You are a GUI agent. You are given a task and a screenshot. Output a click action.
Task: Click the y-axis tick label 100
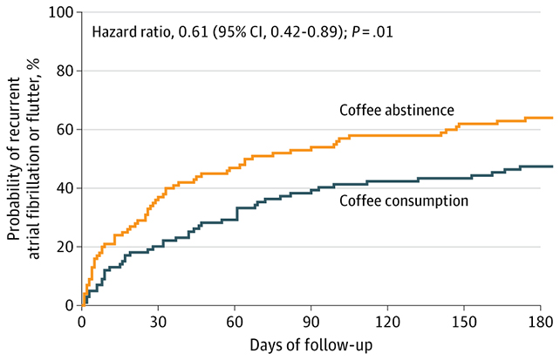click(61, 13)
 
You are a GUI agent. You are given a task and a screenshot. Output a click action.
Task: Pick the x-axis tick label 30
click(158, 320)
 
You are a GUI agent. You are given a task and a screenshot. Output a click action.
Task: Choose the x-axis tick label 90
click(311, 320)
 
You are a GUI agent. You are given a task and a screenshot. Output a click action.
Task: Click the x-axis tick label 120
click(387, 320)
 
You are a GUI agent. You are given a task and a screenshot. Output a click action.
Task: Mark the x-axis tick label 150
click(463, 320)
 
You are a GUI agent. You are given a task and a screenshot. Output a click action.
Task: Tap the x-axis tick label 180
click(540, 320)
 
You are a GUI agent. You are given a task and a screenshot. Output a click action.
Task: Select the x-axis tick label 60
click(235, 320)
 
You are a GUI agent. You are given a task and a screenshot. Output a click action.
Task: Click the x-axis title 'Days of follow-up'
click(311, 345)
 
